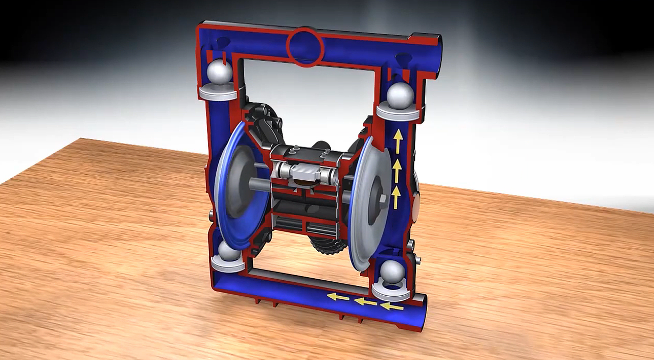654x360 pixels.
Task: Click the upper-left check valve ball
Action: [219, 72]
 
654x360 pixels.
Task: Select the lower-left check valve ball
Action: [228, 251]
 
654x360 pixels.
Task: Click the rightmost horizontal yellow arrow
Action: [392, 306]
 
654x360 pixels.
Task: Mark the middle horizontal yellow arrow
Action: [365, 302]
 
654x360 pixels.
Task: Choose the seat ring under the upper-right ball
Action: [398, 111]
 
